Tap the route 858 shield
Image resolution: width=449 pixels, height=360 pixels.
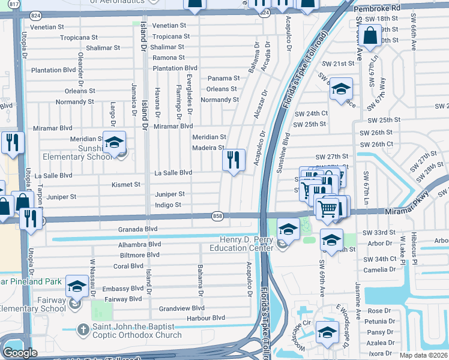(218, 215)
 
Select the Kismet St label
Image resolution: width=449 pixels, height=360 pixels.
(125, 185)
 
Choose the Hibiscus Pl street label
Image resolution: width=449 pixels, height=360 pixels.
(414, 243)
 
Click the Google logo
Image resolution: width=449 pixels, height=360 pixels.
(20, 353)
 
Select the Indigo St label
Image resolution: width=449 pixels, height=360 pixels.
(168, 205)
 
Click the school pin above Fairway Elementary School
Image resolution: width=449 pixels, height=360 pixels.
(77, 287)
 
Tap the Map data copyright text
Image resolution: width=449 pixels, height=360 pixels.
(423, 355)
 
